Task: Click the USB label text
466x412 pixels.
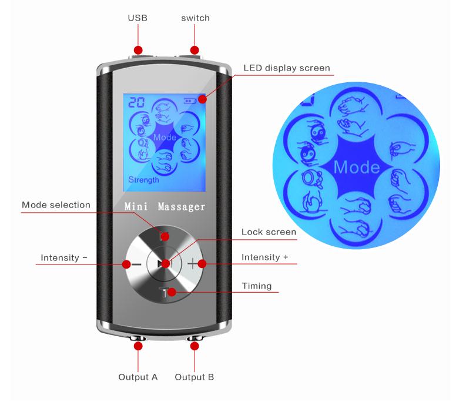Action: point(138,18)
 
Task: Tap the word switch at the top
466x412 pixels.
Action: point(195,18)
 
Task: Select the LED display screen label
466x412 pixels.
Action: point(287,68)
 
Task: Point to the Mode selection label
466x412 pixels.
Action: point(56,205)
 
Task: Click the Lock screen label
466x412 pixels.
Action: point(269,232)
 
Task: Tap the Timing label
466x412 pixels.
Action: point(257,286)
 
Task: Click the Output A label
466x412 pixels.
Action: point(138,377)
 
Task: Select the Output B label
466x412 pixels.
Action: point(195,377)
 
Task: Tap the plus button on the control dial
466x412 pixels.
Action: point(193,264)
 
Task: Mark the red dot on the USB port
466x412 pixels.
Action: point(138,50)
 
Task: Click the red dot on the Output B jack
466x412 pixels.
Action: point(195,346)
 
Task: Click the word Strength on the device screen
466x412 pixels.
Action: point(143,180)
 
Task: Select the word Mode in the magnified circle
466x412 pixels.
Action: point(356,167)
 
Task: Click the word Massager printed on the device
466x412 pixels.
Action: point(181,207)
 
